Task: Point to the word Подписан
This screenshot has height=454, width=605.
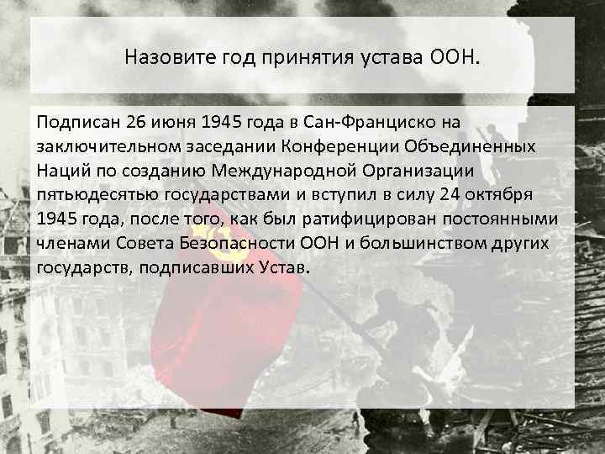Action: pos(76,124)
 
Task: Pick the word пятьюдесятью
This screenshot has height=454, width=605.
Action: pos(90,195)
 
